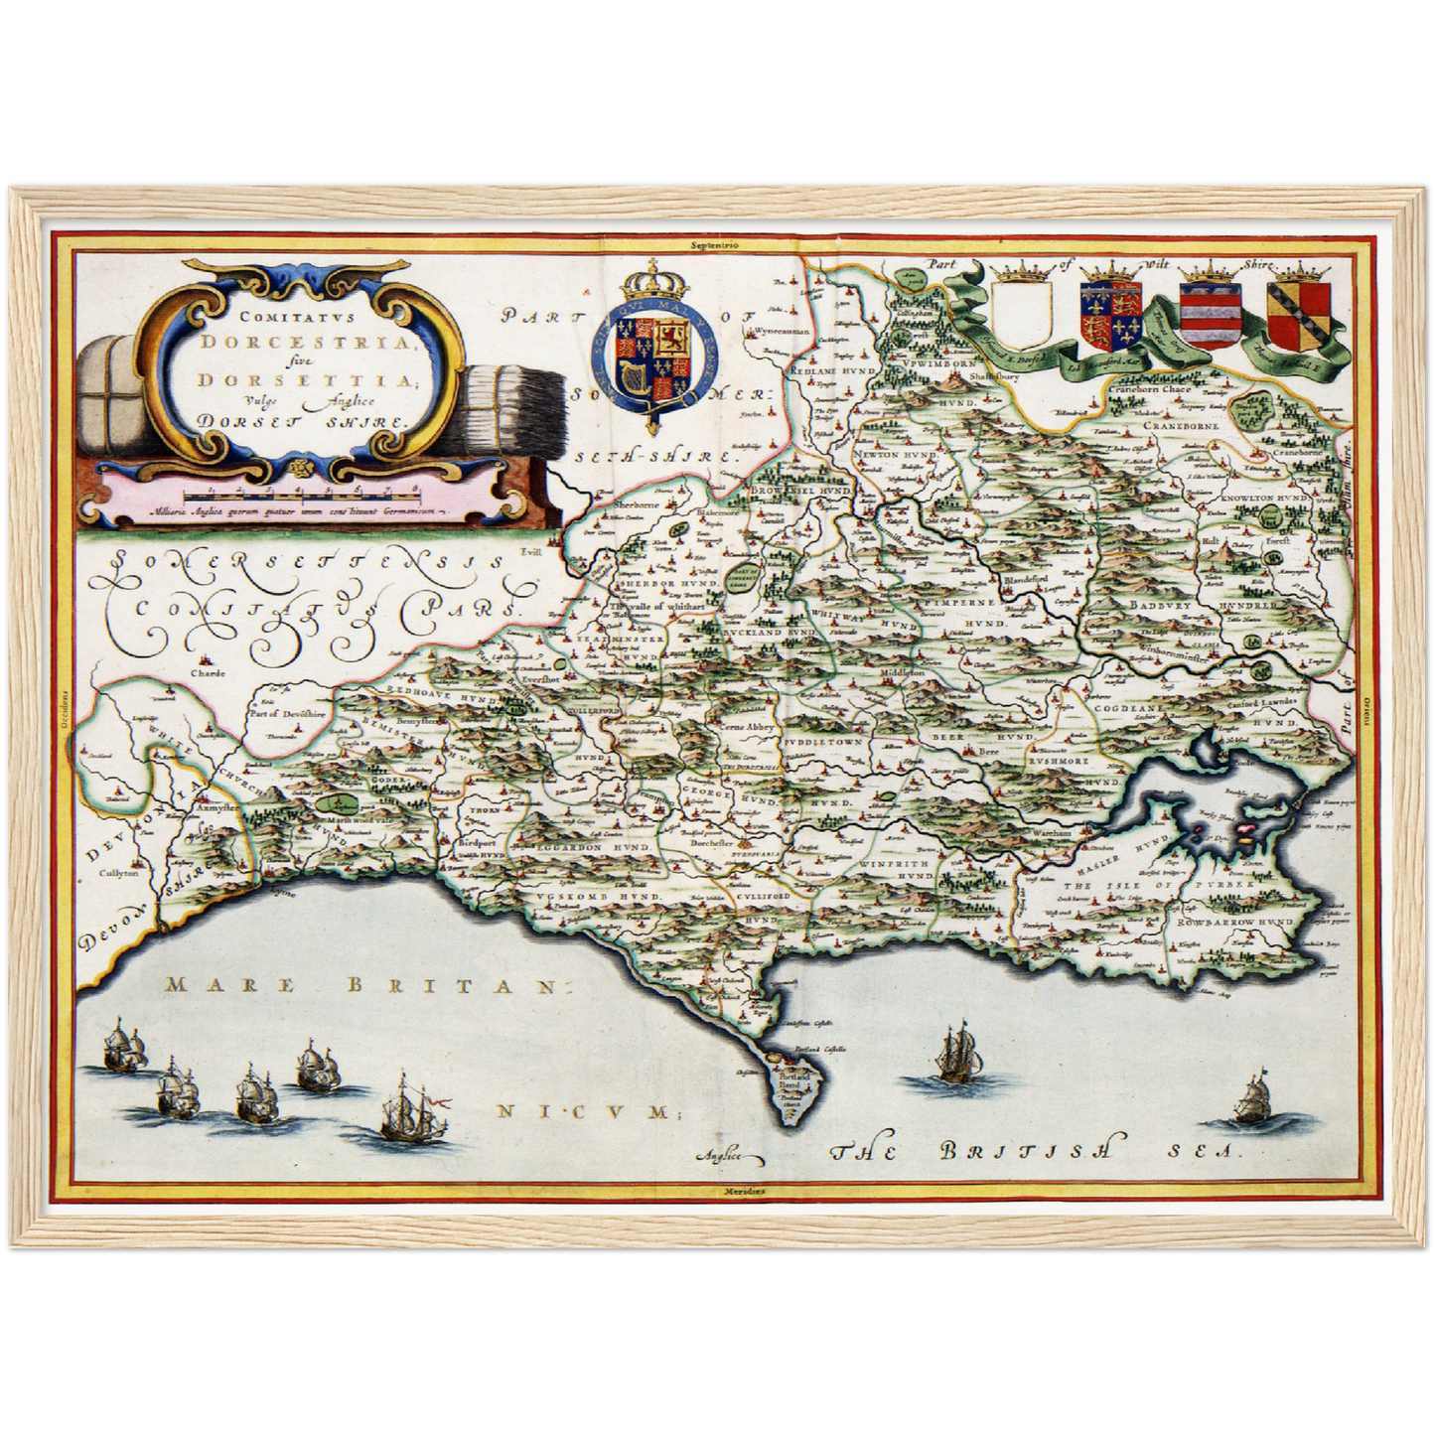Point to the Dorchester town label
(718, 845)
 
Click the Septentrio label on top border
(720, 242)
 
